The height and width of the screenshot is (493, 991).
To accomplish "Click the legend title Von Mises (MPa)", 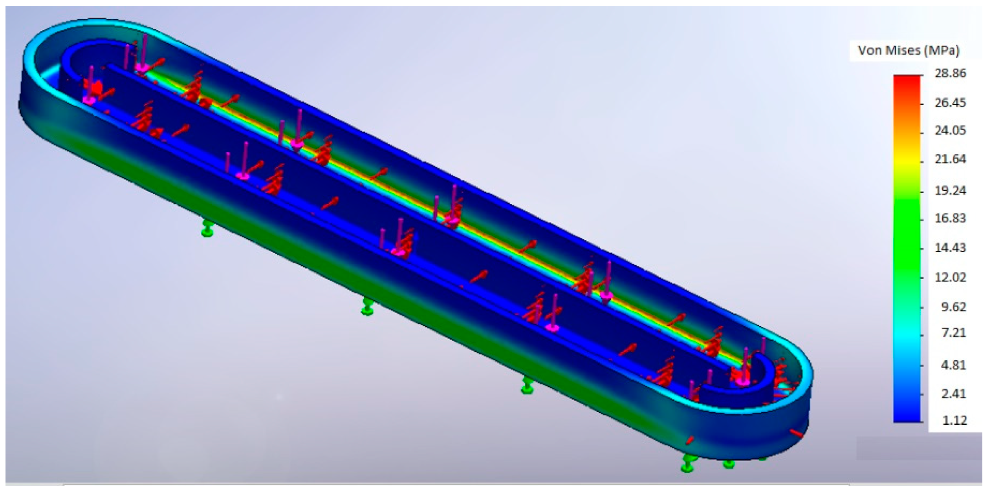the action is point(909,51).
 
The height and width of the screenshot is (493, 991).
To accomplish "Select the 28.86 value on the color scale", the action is point(950,73).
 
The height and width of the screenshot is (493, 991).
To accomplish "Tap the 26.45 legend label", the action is point(950,103).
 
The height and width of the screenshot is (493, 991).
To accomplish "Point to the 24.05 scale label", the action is point(950,130).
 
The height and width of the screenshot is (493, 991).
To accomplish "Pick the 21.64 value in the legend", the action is point(950,159).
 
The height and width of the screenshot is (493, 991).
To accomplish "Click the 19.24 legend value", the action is point(950,190).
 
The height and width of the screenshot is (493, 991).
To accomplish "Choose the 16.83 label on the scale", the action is point(950,218).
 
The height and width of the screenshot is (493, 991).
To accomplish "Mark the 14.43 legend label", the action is point(950,248).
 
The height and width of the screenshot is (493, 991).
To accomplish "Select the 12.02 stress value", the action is point(950,278).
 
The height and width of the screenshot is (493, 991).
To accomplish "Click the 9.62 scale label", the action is point(953,307).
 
